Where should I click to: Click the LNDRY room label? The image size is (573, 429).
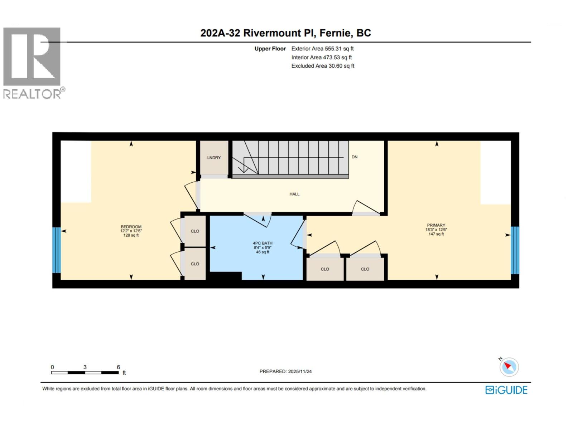pos(214,158)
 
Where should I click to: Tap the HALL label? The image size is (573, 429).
pos(294,194)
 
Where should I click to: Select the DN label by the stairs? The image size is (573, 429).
pos(355,157)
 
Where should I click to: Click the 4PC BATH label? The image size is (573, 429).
pos(263,243)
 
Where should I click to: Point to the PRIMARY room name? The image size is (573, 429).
pos(436,225)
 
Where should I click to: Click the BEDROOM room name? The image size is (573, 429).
pos(131,227)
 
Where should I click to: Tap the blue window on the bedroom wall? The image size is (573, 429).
pos(56,250)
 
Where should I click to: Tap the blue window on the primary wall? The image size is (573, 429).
pos(515,250)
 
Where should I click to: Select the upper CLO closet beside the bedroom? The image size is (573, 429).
pos(195,231)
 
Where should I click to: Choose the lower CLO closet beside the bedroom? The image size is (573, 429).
pos(195,264)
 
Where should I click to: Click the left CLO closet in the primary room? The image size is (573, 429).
pos(325,269)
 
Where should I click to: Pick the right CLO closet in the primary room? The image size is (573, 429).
pos(365,269)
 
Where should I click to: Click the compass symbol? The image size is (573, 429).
pos(509,367)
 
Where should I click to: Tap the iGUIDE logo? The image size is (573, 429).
pos(506,390)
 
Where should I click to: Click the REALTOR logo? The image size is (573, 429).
pos(32,63)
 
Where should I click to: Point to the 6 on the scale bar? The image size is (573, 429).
pos(118,367)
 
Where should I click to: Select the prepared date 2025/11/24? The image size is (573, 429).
pos(299,371)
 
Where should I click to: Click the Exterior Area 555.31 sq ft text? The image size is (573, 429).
pos(322,49)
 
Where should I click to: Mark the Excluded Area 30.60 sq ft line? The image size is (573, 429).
pos(323,66)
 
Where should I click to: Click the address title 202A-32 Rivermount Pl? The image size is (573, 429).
pos(285,33)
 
